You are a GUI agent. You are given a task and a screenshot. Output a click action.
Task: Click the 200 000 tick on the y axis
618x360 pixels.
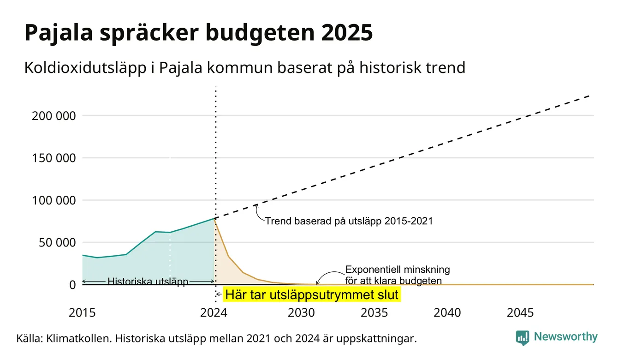coord(54,116)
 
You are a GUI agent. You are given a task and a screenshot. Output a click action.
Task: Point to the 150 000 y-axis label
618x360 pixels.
coord(54,158)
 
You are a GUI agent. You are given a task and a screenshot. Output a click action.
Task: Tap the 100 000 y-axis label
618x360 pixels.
coord(54,200)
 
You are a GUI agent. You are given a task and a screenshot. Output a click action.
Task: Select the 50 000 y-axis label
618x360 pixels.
coord(57,243)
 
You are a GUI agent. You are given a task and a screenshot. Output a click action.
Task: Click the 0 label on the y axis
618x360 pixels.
coord(72,285)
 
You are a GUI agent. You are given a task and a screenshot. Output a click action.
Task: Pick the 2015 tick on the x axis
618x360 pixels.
coord(82,313)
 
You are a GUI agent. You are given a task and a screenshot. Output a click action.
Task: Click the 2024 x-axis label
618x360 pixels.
coord(214,313)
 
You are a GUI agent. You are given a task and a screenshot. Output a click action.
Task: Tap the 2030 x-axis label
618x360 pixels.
coord(301,313)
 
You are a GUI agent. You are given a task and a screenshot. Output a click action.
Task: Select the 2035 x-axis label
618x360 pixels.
coord(374,313)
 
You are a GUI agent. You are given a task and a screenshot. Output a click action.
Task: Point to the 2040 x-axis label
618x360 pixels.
coord(447,313)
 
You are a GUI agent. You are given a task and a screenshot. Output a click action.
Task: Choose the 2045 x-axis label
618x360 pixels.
coord(520,313)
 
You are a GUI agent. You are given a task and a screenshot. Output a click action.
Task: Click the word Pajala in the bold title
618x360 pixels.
coord(59,33)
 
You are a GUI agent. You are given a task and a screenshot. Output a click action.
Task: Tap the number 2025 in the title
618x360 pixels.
coord(347,33)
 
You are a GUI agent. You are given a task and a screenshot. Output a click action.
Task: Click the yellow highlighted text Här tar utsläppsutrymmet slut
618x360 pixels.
coord(312,294)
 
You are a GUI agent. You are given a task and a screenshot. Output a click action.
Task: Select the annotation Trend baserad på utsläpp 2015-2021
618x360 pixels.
coord(349,221)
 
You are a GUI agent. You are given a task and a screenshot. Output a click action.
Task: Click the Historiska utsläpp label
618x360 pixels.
coord(148,282)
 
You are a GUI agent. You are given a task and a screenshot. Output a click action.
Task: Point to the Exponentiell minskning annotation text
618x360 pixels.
coord(398,275)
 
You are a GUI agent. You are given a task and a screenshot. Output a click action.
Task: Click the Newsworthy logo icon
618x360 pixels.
coord(523,338)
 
